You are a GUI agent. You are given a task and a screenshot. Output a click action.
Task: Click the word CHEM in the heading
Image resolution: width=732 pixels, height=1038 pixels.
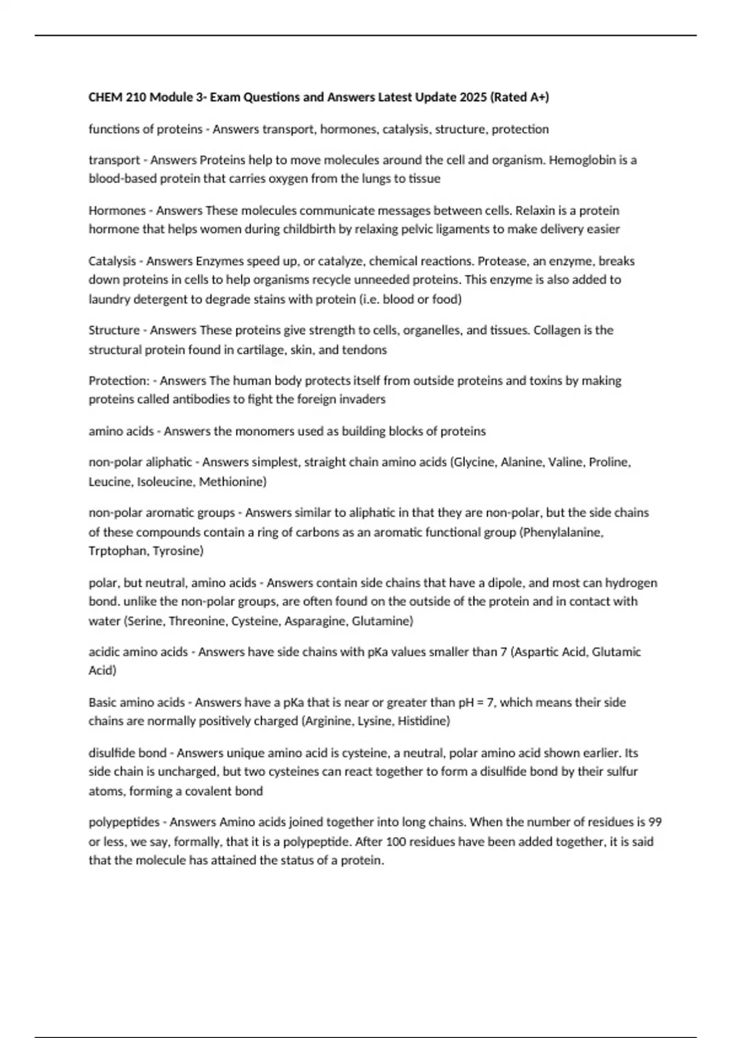coord(104,97)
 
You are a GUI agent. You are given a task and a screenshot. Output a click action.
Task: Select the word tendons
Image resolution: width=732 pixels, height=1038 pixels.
coord(368,350)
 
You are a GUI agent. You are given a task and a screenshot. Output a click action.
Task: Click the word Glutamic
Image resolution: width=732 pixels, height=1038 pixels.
coord(616,652)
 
